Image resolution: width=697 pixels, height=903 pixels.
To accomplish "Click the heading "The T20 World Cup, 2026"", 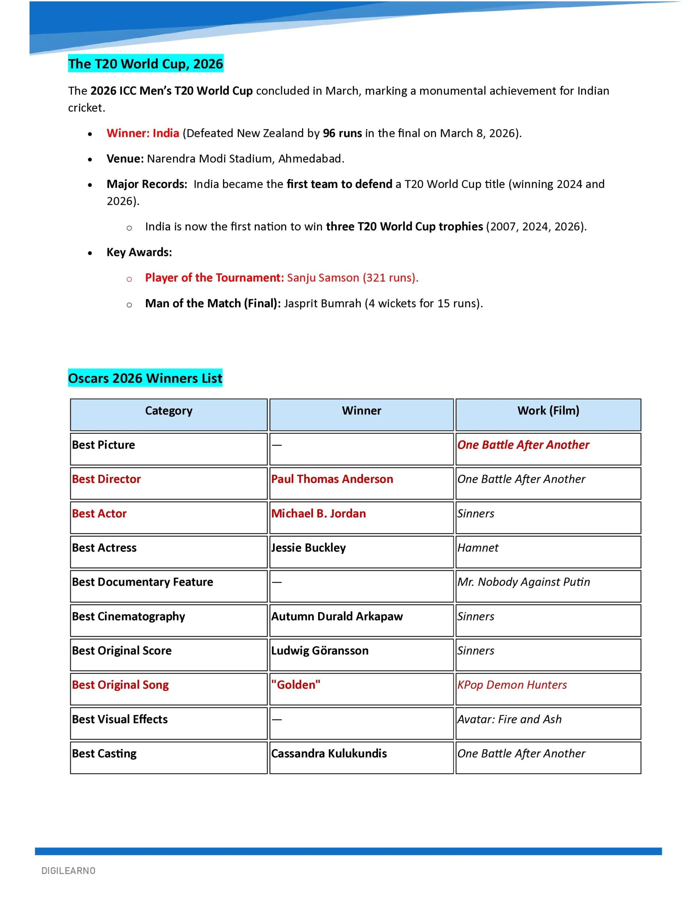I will click(146, 64).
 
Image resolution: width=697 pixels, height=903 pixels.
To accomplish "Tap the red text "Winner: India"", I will click(143, 133).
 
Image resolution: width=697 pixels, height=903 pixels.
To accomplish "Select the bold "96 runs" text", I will click(342, 133).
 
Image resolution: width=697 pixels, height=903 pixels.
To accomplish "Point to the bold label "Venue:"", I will click(125, 159).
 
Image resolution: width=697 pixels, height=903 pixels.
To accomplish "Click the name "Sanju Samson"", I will click(323, 278).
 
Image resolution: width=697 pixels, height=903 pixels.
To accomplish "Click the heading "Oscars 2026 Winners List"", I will click(145, 378).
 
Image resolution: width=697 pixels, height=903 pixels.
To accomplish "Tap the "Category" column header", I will click(168, 411).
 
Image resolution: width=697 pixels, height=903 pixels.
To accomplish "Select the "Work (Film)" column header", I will click(548, 411).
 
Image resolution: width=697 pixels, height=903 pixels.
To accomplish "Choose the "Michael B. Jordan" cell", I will click(318, 514).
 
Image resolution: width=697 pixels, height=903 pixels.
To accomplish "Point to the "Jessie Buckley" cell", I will click(308, 548).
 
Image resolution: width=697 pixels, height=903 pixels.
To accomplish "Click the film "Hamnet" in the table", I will click(477, 548).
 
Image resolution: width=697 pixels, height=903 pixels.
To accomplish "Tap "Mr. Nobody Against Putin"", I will click(524, 582).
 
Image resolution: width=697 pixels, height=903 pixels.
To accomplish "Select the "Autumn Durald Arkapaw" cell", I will click(337, 617).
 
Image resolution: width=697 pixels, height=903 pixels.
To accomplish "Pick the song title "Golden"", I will click(295, 685).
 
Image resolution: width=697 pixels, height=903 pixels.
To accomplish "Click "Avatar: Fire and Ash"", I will click(509, 720).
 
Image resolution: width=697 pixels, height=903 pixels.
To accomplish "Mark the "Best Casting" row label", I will click(104, 754).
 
